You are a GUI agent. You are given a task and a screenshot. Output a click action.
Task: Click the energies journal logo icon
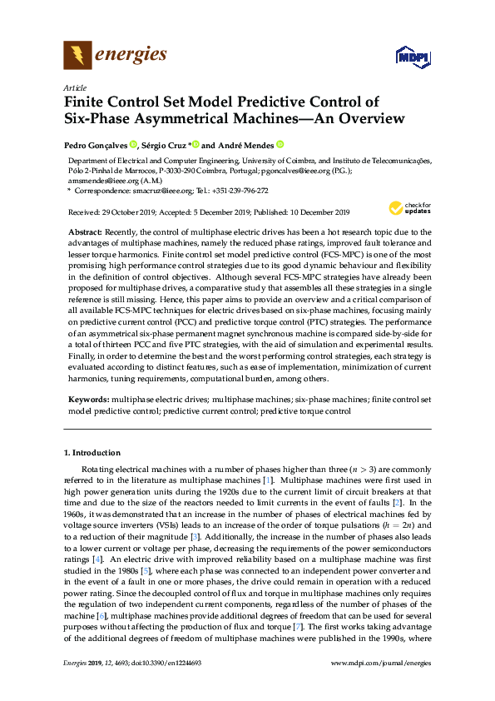click(x=77, y=56)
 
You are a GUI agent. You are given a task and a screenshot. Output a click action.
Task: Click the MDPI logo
click(x=412, y=56)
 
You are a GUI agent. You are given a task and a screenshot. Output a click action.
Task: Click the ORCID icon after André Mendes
click(x=280, y=144)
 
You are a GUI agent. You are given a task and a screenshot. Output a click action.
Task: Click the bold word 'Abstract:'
click(x=87, y=229)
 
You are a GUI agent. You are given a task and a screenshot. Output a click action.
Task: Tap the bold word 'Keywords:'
click(x=89, y=400)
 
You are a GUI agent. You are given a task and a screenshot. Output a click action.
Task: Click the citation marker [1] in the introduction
click(x=291, y=481)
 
